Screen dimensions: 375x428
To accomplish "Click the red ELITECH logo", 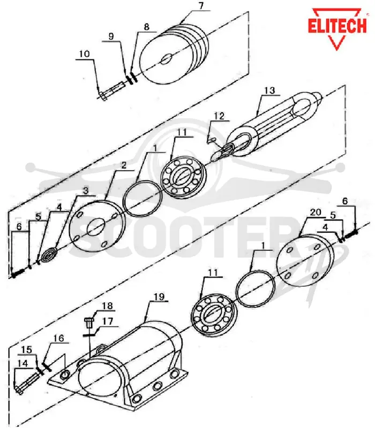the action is tap(337, 29).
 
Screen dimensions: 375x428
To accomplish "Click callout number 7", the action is tap(201, 6).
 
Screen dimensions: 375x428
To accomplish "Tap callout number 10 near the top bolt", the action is tap(84, 54).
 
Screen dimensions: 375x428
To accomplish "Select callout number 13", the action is tap(269, 90).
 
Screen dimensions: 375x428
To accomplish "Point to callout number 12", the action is tap(219, 116).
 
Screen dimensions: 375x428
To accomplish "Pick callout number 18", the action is tap(107, 306).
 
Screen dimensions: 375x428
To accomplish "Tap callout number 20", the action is tap(316, 212).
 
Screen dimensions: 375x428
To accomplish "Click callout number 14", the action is tap(22, 363).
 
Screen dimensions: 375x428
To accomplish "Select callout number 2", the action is tap(124, 165).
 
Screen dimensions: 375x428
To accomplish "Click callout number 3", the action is tap(86, 191).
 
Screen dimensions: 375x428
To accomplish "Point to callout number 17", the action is tap(108, 322).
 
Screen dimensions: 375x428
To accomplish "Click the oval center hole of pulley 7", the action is tap(167, 59).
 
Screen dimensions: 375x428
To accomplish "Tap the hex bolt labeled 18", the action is tap(88, 323).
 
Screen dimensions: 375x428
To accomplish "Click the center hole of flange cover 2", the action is tap(96, 227).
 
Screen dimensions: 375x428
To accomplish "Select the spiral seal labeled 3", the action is tap(49, 256).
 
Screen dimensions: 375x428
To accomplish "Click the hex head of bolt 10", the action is tap(103, 96).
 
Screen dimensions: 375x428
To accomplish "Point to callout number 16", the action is tap(58, 338).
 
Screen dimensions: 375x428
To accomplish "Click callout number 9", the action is tap(111, 36).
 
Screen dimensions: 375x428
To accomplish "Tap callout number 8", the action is tap(146, 26).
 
